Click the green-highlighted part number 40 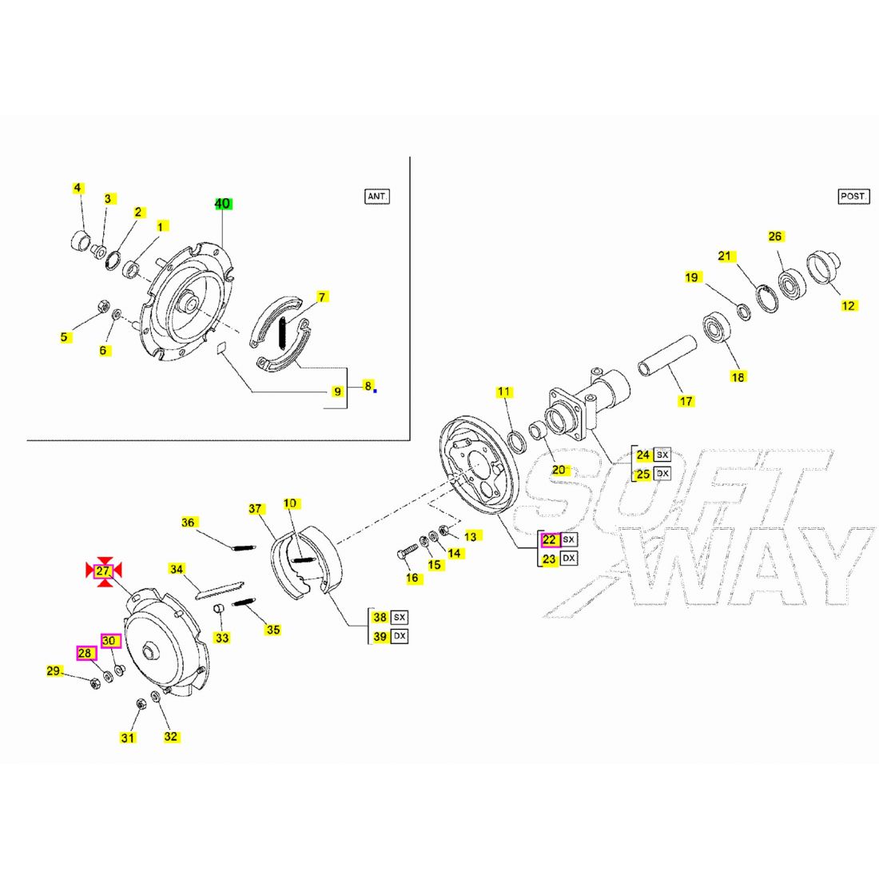pyautogui.click(x=222, y=204)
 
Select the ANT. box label pyautogui.click(x=376, y=196)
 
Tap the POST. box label pyautogui.click(x=853, y=196)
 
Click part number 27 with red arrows pyautogui.click(x=103, y=571)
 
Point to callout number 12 pyautogui.click(x=849, y=305)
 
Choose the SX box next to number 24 pyautogui.click(x=662, y=455)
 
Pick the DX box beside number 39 pyautogui.click(x=400, y=636)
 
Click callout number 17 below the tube pyautogui.click(x=686, y=401)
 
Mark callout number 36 pyautogui.click(x=188, y=523)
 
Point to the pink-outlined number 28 pyautogui.click(x=86, y=654)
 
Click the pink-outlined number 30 pyautogui.click(x=110, y=640)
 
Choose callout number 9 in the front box pyautogui.click(x=338, y=392)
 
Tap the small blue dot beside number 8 pyautogui.click(x=375, y=390)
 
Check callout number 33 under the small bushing pyautogui.click(x=221, y=638)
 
